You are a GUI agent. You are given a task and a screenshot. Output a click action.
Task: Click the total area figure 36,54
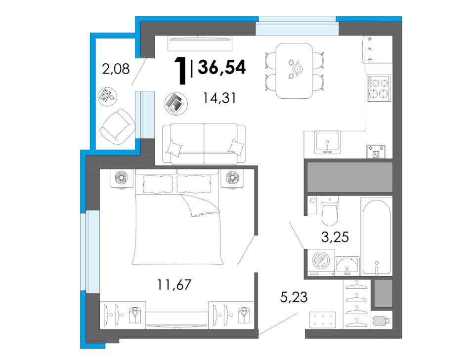pyautogui.click(x=221, y=67)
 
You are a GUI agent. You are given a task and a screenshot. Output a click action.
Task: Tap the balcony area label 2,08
pyautogui.click(x=116, y=69)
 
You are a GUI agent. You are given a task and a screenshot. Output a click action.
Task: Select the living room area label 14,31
pyautogui.click(x=219, y=98)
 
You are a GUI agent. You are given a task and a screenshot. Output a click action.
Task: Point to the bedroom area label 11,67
pyautogui.click(x=174, y=284)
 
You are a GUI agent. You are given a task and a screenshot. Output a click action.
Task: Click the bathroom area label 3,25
pyautogui.click(x=335, y=237)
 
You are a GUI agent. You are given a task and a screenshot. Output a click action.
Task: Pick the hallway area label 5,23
pyautogui.click(x=294, y=297)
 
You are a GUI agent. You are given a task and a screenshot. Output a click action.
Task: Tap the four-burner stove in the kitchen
pyautogui.click(x=379, y=88)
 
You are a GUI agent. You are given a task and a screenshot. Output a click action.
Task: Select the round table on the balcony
pyautogui.click(x=107, y=97)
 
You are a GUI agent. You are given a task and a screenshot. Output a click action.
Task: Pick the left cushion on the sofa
pyautogui.click(x=174, y=148)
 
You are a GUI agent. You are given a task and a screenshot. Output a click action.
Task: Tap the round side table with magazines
pyautogui.click(x=176, y=103)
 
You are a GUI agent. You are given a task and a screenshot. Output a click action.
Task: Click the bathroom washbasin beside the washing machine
pyautogui.click(x=347, y=266)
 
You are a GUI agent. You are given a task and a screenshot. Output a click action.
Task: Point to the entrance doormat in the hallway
pyautogui.click(x=322, y=320)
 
